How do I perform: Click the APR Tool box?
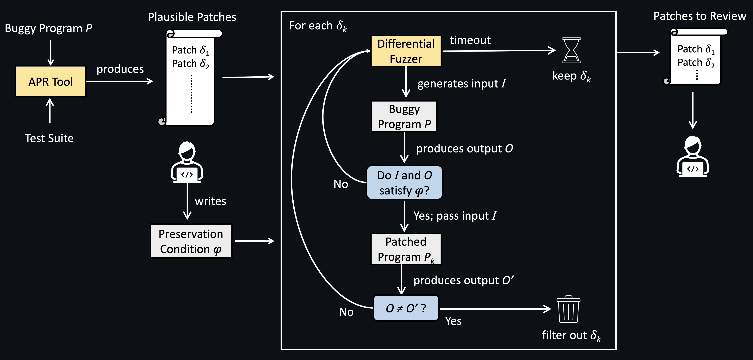[x=51, y=81]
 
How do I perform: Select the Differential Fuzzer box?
[x=406, y=51]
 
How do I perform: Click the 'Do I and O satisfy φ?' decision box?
[x=404, y=183]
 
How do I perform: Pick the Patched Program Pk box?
[x=406, y=249]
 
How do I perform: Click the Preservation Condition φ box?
[x=191, y=241]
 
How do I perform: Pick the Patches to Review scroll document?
[x=696, y=57]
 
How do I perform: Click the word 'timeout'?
[x=470, y=40]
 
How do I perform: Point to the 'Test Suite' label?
[x=49, y=138]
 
